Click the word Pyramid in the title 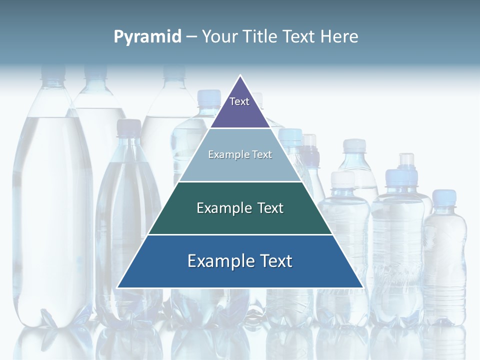point(147,36)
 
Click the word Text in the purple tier point(239,101)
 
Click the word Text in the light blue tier point(262,154)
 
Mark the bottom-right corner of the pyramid point(362,287)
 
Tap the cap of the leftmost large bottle point(52,72)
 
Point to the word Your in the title point(220,36)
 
